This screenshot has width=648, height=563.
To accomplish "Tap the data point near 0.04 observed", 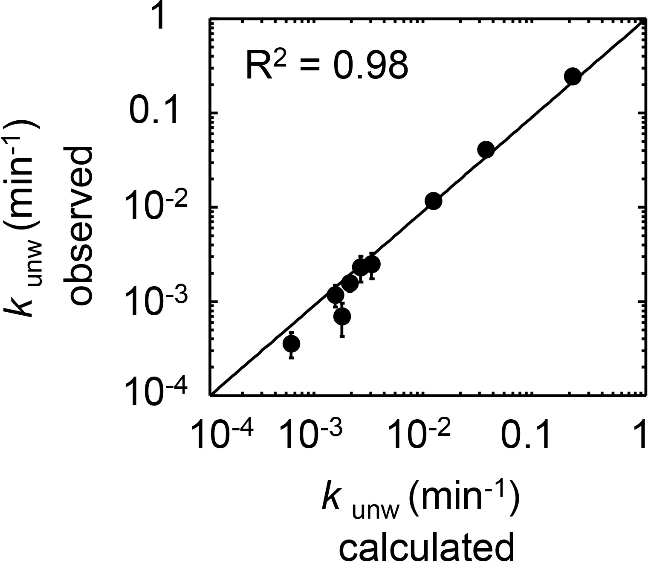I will [486, 150].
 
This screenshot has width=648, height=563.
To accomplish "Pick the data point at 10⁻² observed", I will [434, 201].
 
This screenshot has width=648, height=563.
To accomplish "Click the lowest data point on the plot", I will [292, 343].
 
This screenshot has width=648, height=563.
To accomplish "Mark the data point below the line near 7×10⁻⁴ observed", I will [342, 316].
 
